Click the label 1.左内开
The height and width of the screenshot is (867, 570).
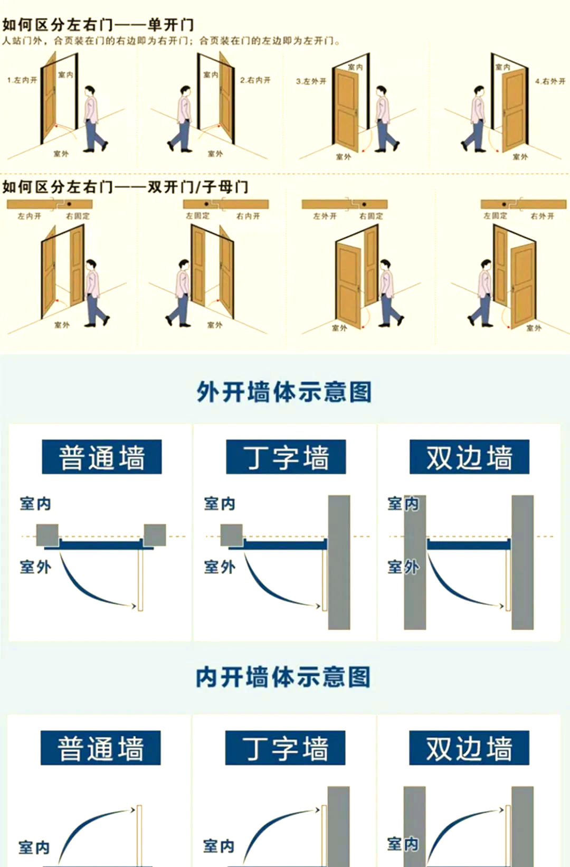(x=22, y=80)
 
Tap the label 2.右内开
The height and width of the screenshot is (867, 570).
(x=255, y=80)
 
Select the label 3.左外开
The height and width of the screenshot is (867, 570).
(x=311, y=81)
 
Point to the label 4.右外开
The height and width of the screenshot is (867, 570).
(x=550, y=81)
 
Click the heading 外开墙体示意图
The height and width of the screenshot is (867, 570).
(x=284, y=392)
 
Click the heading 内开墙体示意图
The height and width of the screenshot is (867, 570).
(x=283, y=677)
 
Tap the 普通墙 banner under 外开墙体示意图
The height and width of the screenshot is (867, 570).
(x=102, y=457)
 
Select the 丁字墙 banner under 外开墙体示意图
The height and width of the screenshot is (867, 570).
(x=286, y=457)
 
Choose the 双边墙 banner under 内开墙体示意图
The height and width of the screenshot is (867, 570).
(x=469, y=748)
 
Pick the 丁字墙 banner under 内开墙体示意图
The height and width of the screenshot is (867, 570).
(x=285, y=748)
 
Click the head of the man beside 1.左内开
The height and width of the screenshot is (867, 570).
(x=92, y=90)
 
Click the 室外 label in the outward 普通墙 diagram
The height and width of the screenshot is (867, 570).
(x=35, y=567)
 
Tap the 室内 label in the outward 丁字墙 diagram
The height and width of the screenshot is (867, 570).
(x=220, y=504)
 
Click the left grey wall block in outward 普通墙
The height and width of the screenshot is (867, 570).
(x=47, y=535)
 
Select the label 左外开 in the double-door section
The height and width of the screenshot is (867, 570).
(x=325, y=216)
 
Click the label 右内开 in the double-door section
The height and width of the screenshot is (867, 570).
(x=248, y=216)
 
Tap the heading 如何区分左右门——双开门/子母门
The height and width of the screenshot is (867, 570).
(x=125, y=187)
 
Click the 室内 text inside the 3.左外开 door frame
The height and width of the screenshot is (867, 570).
(x=355, y=67)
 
